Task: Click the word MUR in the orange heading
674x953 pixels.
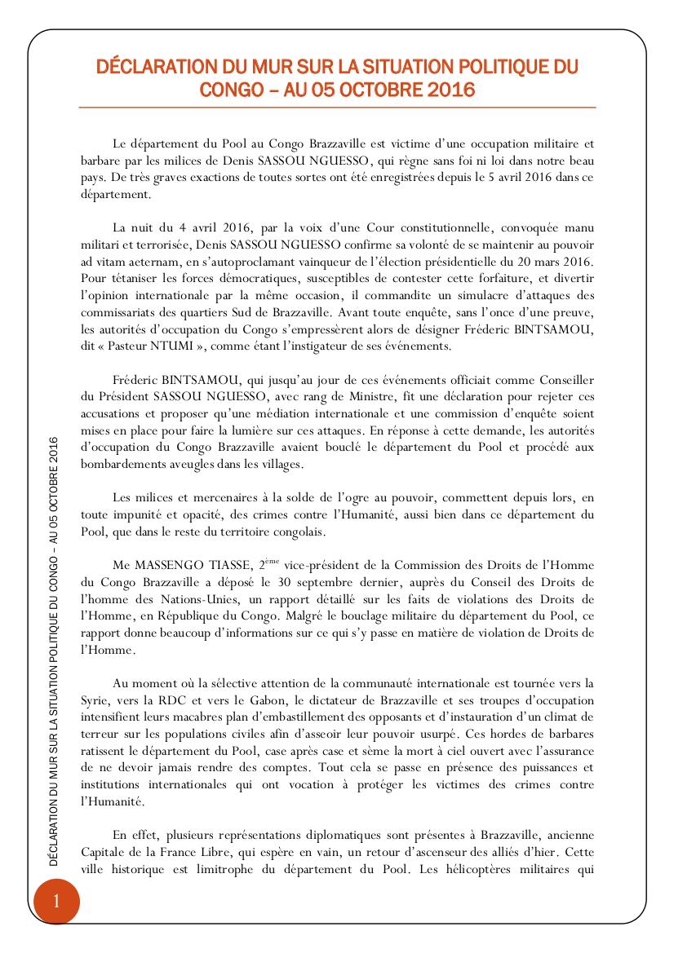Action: (261, 67)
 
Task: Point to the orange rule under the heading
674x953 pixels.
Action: (337, 107)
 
